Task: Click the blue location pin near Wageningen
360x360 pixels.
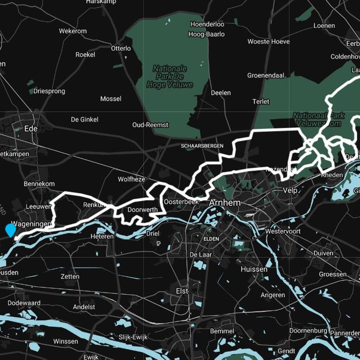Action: click(10, 230)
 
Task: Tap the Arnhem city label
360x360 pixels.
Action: click(225, 203)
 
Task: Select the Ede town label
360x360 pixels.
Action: click(31, 128)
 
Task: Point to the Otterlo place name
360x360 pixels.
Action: click(121, 48)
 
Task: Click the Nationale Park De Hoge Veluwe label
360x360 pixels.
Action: click(170, 76)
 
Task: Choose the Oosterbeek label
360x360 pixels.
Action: click(181, 202)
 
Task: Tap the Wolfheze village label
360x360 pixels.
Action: click(131, 179)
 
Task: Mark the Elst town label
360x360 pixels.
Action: click(182, 291)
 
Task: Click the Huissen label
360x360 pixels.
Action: click(254, 269)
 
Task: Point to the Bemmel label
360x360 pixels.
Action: click(222, 331)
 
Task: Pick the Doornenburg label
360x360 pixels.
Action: click(308, 330)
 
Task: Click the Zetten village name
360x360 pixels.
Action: click(70, 276)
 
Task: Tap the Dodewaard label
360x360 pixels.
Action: click(24, 303)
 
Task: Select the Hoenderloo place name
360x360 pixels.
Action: click(207, 24)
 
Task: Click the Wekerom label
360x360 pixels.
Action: click(72, 31)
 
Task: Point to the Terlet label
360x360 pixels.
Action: click(261, 102)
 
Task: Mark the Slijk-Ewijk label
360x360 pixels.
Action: click(133, 337)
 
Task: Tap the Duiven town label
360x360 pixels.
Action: click(324, 253)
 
